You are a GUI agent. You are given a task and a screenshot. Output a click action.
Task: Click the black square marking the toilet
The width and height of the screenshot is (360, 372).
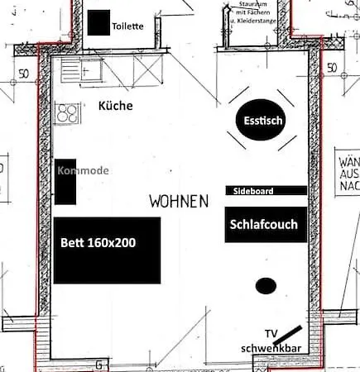pyautogui.click(x=98, y=23)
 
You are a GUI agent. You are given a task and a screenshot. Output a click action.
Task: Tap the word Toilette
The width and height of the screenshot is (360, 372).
pyautogui.click(x=128, y=26)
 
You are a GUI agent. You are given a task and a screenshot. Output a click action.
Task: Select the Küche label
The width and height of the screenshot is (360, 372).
pyautogui.click(x=115, y=106)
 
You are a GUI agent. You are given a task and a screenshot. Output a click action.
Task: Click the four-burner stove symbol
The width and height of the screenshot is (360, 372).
pyautogui.click(x=66, y=112)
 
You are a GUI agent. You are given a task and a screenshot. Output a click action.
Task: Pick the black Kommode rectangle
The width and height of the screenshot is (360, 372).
pyautogui.click(x=65, y=181)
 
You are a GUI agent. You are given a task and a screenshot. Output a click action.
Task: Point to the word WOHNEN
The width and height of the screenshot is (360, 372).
pyautogui.click(x=179, y=201)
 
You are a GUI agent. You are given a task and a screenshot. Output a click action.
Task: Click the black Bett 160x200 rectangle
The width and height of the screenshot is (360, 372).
pyautogui.click(x=107, y=250)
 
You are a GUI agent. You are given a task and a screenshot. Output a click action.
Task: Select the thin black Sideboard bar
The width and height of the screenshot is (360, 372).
pyautogui.click(x=266, y=190)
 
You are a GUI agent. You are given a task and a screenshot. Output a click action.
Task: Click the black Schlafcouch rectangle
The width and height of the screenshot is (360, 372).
pyautogui.click(x=263, y=224)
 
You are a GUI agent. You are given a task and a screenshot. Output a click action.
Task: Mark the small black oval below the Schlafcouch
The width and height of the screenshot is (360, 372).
pyautogui.click(x=265, y=286)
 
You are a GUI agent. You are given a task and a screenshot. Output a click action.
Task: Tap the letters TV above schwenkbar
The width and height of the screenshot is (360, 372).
pyautogui.click(x=271, y=333)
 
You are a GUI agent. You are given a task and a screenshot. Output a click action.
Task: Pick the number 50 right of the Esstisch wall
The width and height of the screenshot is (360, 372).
pyautogui.click(x=332, y=67)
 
